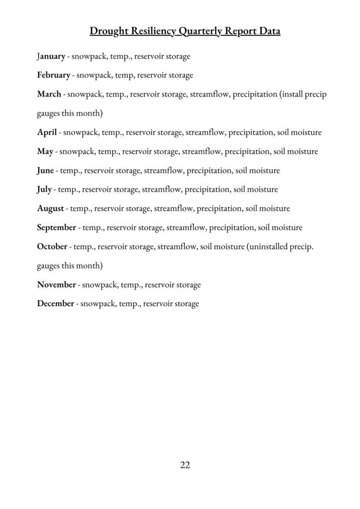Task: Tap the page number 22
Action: click(185, 465)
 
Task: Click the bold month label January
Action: click(51, 56)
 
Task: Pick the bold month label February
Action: click(53, 75)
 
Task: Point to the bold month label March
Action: click(49, 94)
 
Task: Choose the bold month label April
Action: click(47, 132)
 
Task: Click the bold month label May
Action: click(45, 151)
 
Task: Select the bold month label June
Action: click(45, 170)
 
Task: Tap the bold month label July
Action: click(44, 189)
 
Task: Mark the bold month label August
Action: click(51, 208)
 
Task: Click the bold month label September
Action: click(57, 228)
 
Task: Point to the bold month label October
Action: click(52, 247)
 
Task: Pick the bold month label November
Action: click(56, 285)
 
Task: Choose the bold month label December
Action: click(56, 304)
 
